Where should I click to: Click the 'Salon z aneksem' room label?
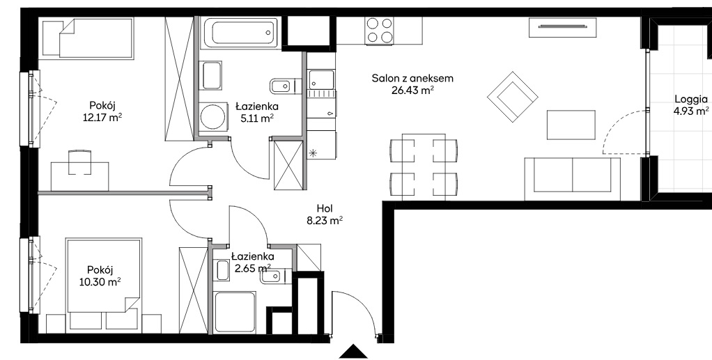[x=412, y=79]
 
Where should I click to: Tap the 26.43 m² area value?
[x=412, y=91]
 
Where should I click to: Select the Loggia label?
[x=690, y=100]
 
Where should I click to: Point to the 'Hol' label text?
[x=325, y=209]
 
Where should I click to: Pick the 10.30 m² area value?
[x=99, y=283]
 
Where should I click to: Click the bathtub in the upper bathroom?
[x=239, y=32]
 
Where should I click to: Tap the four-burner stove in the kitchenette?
[x=379, y=31]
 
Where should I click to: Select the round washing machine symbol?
[x=213, y=117]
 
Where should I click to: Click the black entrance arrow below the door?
[x=353, y=352]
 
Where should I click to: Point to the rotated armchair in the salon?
[x=513, y=97]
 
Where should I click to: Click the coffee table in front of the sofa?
[x=571, y=125]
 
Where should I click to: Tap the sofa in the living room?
[x=572, y=178]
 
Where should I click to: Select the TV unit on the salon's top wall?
[x=563, y=27]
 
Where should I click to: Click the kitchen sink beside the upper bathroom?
[x=321, y=79]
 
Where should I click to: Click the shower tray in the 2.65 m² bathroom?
[x=235, y=313]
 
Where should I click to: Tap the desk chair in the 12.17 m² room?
[x=79, y=162]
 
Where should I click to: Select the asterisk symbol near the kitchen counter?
[x=313, y=153]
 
